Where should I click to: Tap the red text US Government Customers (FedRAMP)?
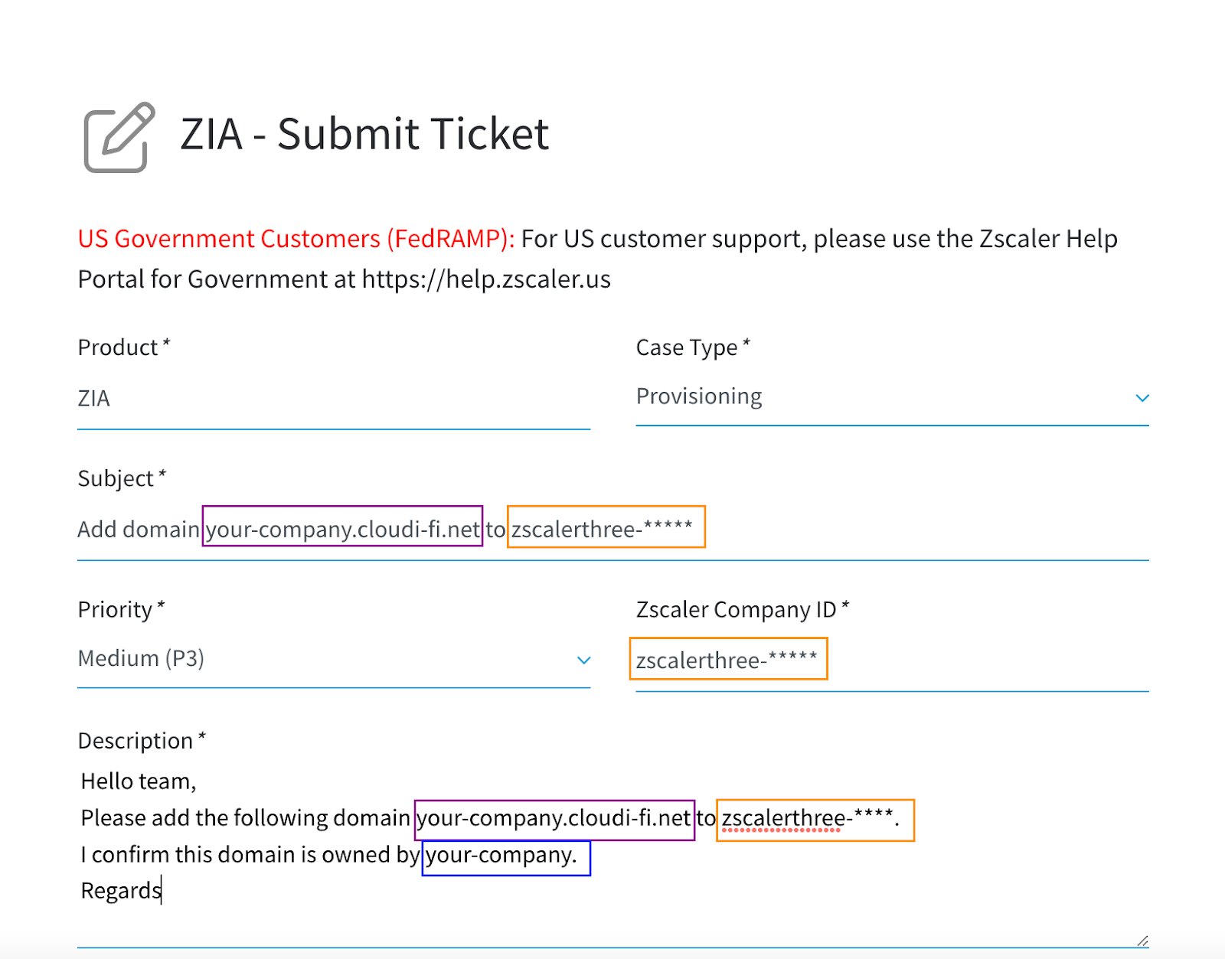pos(296,239)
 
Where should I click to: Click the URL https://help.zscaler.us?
pos(486,279)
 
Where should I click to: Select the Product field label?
pos(123,347)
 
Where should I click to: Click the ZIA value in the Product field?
pos(93,398)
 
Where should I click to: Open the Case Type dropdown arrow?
pos(1142,398)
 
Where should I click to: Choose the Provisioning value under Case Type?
pos(698,396)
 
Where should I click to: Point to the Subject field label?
pos(122,478)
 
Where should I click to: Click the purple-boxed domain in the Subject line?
pos(342,527)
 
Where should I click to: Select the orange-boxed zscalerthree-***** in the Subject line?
pos(606,527)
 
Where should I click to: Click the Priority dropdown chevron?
pos(583,660)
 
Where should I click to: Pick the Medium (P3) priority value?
pos(141,658)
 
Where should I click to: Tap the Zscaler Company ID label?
pos(743,609)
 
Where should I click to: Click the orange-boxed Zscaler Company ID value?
pos(728,658)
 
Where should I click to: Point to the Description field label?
pos(142,740)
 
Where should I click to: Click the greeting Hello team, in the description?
pos(138,781)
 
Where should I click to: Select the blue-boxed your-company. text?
pos(506,858)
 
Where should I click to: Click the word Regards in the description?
pos(121,891)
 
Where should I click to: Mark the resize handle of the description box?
pos(1142,941)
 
